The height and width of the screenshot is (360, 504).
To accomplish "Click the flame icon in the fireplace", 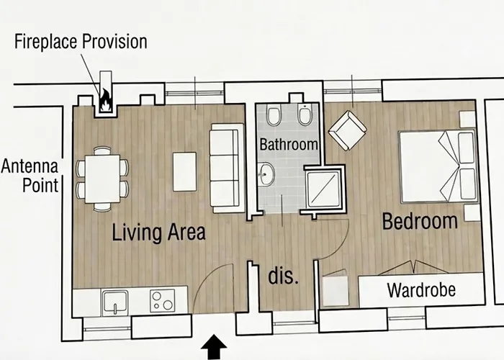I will [x=106, y=99].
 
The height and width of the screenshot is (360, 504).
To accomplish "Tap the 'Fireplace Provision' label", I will [x=81, y=41].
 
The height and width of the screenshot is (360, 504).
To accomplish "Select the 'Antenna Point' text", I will [x=30, y=176].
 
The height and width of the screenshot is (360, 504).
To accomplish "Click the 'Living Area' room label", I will [x=158, y=233].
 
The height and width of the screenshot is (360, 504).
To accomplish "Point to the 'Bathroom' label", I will [x=289, y=144].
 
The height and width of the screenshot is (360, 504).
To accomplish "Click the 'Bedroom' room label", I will [x=420, y=221].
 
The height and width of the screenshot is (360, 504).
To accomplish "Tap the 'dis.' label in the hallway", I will [x=284, y=276].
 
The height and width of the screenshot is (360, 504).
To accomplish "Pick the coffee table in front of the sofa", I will [x=184, y=171].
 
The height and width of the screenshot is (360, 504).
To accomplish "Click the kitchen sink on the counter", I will [x=116, y=300].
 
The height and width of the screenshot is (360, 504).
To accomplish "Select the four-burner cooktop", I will [x=163, y=300].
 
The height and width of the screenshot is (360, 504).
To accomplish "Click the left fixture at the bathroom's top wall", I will [x=273, y=116].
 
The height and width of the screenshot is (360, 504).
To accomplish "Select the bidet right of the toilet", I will [x=303, y=116].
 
